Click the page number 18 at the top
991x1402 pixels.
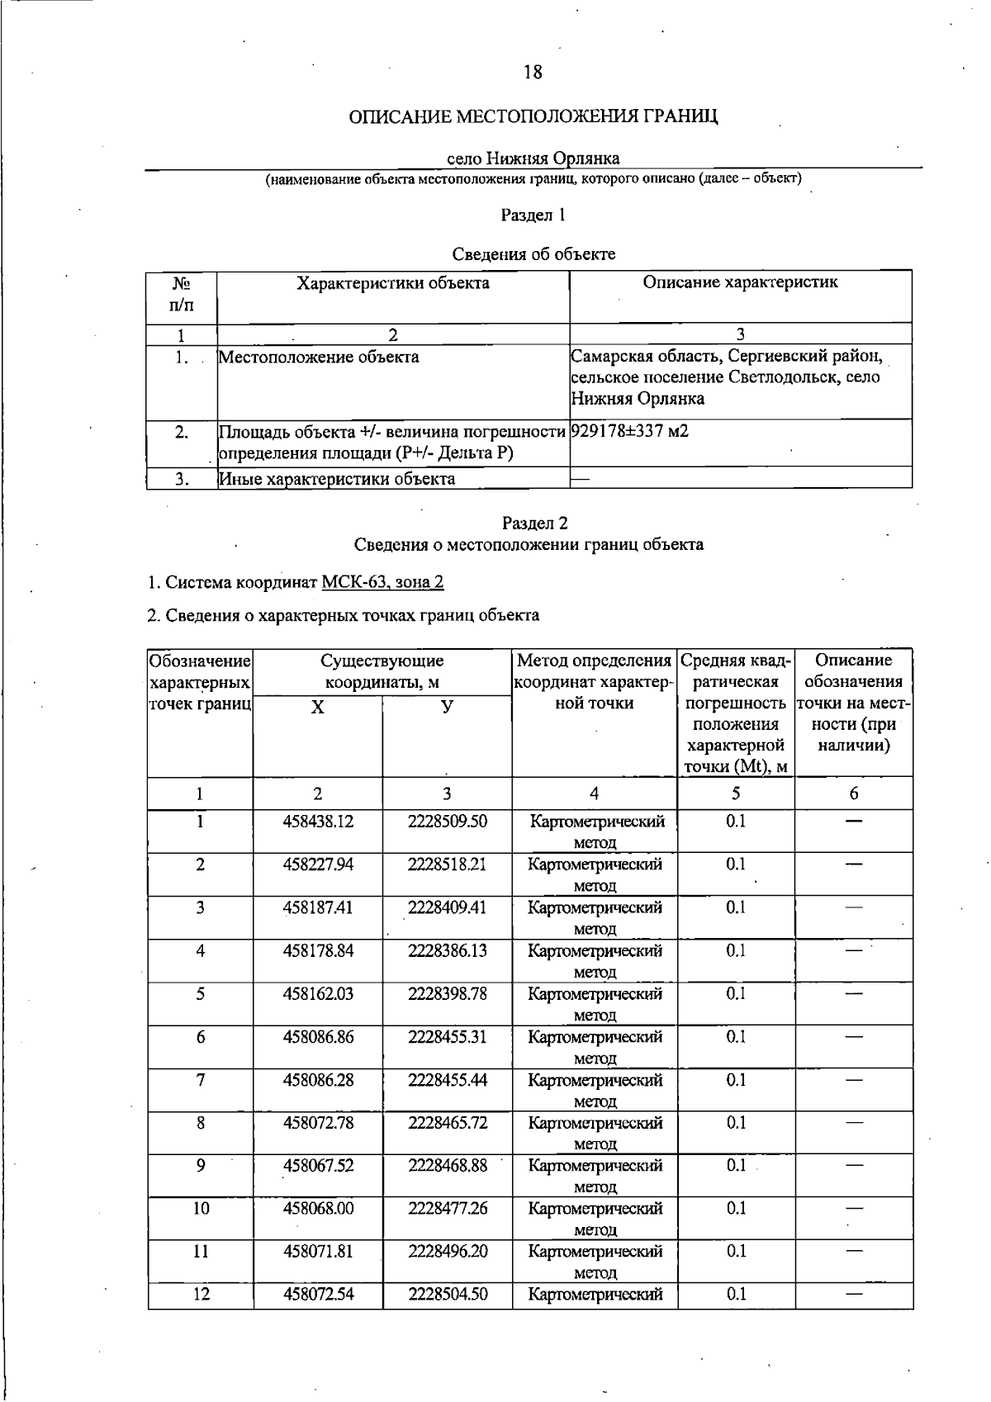tap(533, 73)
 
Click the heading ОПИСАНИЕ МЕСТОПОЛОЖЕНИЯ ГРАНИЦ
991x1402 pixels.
tap(533, 116)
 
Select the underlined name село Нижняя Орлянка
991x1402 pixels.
tap(533, 158)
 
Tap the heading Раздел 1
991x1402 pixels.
tap(533, 216)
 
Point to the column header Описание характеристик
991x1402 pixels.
tap(740, 282)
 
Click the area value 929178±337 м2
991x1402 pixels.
tap(629, 431)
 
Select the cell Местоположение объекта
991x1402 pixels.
tap(319, 358)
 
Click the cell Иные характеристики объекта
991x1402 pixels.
tap(337, 479)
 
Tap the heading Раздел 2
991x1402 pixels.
tap(533, 523)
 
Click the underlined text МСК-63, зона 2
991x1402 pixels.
tap(383, 582)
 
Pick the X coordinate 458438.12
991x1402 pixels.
tap(318, 822)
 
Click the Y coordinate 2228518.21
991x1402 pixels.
tap(448, 864)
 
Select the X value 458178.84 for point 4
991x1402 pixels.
tap(318, 950)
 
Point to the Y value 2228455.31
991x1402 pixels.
tap(448, 1036)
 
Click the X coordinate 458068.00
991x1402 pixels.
tap(318, 1209)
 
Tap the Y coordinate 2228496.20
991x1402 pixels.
tap(448, 1252)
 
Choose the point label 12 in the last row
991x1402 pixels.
tap(201, 1295)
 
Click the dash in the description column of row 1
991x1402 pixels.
tap(854, 822)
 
